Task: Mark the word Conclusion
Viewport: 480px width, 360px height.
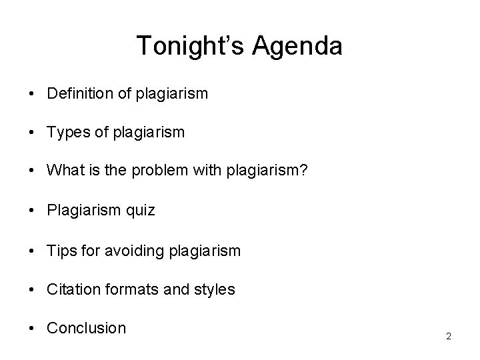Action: coord(86,328)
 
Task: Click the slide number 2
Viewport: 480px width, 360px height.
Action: coord(449,337)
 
